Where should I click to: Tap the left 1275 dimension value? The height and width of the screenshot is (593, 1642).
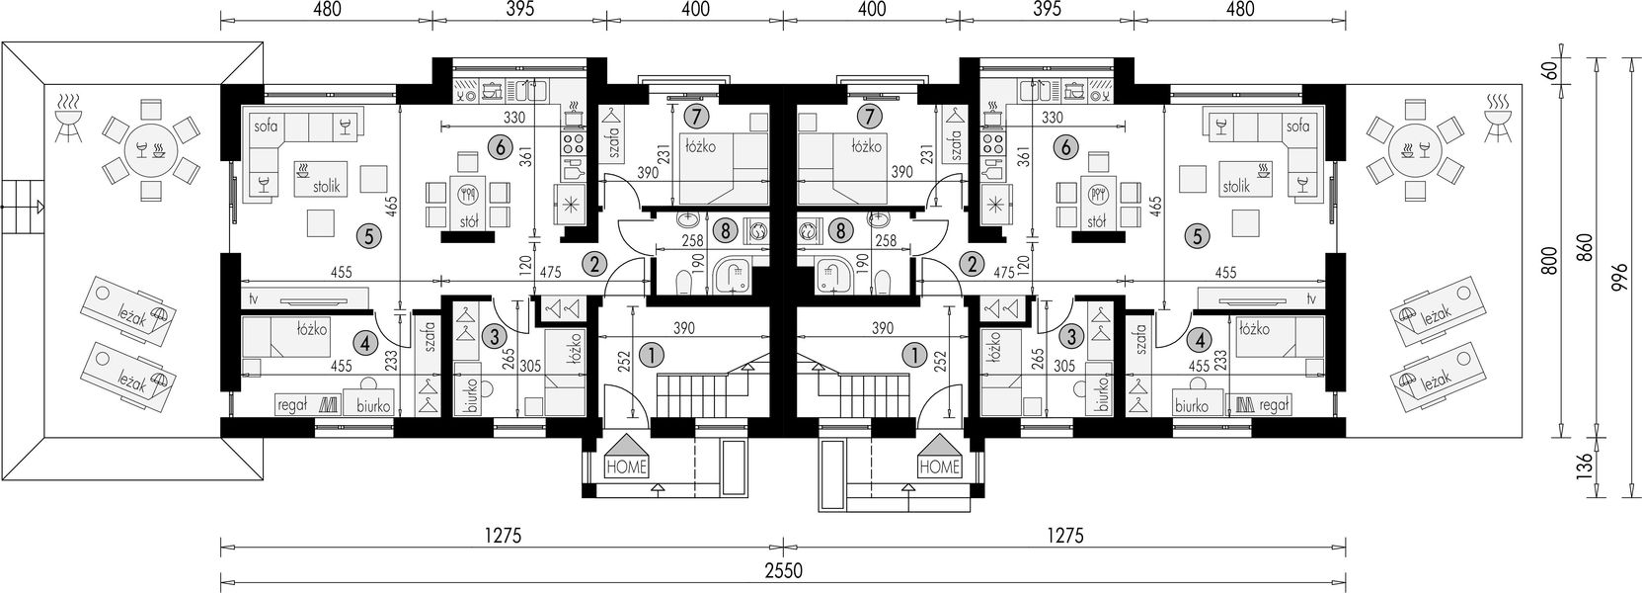tap(502, 537)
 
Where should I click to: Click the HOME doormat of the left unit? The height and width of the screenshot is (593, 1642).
tap(626, 456)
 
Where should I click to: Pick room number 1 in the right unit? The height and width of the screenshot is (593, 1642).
tap(915, 356)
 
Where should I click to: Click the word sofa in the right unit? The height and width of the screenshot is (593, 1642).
tap(1297, 127)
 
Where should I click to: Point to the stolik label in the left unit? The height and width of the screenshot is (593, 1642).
tap(326, 187)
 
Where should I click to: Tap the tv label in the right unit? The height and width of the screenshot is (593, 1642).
tap(1311, 298)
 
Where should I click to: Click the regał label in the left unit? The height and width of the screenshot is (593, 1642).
tap(291, 406)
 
